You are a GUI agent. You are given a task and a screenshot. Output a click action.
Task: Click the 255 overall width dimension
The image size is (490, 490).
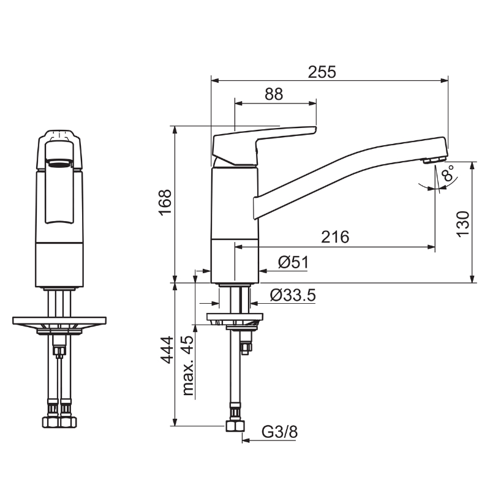322,72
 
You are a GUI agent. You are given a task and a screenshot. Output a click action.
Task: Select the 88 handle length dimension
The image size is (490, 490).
274,94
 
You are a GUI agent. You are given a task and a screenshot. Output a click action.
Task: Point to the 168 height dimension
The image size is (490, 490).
165,202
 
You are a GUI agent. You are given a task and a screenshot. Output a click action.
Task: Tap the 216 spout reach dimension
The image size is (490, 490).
335,237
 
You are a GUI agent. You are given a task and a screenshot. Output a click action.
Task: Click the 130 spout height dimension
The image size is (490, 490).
463,224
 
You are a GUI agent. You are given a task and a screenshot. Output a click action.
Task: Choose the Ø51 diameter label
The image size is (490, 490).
293,262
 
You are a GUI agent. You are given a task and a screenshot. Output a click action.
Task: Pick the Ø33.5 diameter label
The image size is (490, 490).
293,295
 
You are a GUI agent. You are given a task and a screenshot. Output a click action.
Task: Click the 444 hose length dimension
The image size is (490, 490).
167,350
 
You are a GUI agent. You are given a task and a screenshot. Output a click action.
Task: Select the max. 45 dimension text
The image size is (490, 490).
188,365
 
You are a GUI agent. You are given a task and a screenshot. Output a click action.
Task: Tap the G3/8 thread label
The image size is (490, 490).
280,432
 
